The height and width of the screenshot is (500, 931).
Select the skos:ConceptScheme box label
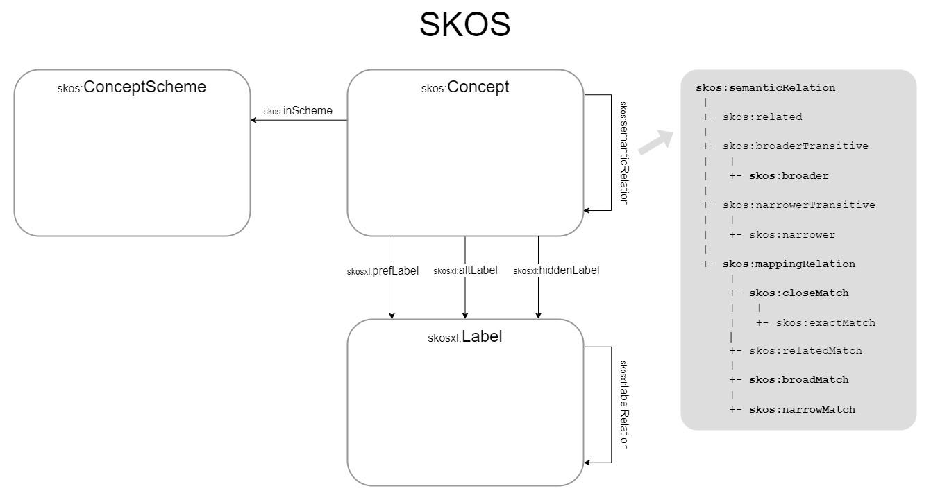[132, 87]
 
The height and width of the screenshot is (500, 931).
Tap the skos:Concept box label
[464, 87]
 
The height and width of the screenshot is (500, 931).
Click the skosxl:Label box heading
[464, 338]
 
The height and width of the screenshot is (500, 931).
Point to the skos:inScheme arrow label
[298, 111]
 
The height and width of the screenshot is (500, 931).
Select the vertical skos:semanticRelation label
[623, 153]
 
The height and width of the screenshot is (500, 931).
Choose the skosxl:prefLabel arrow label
[383, 271]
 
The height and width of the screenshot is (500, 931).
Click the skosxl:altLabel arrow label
[465, 271]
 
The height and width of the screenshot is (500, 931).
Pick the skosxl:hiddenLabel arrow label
[556, 271]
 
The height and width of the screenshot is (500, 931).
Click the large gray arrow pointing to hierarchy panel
[656, 141]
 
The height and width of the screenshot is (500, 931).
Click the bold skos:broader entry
[789, 176]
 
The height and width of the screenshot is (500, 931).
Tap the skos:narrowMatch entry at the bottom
[802, 410]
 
